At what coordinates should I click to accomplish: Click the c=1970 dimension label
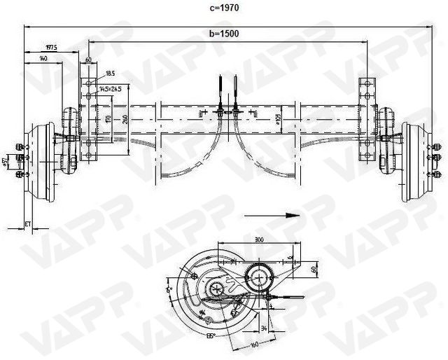pos(224,9)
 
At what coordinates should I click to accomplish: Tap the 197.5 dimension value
pos(50,48)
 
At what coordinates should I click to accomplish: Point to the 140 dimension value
pos(43,60)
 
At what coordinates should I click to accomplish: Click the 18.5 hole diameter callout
pos(111,73)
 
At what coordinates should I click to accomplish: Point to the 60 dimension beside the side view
pos(314,270)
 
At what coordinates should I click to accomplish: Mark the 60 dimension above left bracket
pos(89,60)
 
